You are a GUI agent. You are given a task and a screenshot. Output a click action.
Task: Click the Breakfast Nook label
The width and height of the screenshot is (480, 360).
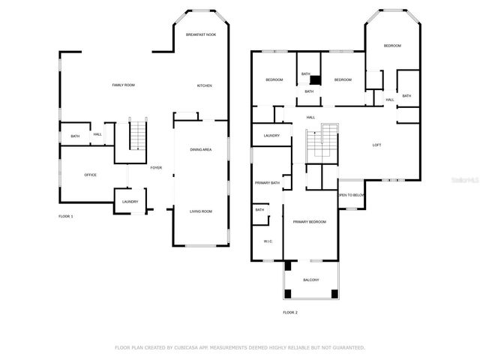201,34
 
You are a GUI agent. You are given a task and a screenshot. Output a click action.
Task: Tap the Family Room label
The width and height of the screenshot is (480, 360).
123,85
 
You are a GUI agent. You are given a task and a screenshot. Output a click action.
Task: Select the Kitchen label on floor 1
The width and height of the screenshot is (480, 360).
204,85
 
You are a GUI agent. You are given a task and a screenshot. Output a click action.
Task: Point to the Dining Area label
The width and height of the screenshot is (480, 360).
200,150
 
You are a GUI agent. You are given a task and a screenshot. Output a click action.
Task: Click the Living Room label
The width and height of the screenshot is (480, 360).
200,211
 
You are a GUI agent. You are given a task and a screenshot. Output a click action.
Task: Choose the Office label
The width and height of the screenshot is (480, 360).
90,175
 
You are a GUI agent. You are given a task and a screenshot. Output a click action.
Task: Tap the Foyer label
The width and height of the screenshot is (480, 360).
156,167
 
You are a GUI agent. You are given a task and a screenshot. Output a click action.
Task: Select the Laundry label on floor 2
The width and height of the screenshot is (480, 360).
271,136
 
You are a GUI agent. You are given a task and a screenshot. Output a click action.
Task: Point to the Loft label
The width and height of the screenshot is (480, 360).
377,145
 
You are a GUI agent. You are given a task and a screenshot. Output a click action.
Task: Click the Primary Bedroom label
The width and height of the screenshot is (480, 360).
309,222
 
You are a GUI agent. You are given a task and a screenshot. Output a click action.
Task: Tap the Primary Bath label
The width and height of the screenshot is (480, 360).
267,183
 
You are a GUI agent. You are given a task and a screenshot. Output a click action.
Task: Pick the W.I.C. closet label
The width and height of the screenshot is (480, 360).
268,241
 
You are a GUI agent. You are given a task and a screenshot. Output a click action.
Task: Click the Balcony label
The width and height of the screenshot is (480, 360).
310,280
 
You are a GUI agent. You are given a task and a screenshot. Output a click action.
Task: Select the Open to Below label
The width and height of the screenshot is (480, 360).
351,195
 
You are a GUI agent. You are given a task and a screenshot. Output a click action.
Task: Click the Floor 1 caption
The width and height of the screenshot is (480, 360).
66,217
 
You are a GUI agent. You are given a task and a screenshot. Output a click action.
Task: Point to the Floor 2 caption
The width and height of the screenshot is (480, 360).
290,312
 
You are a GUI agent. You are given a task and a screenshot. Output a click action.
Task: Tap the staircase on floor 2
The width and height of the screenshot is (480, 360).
322,141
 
